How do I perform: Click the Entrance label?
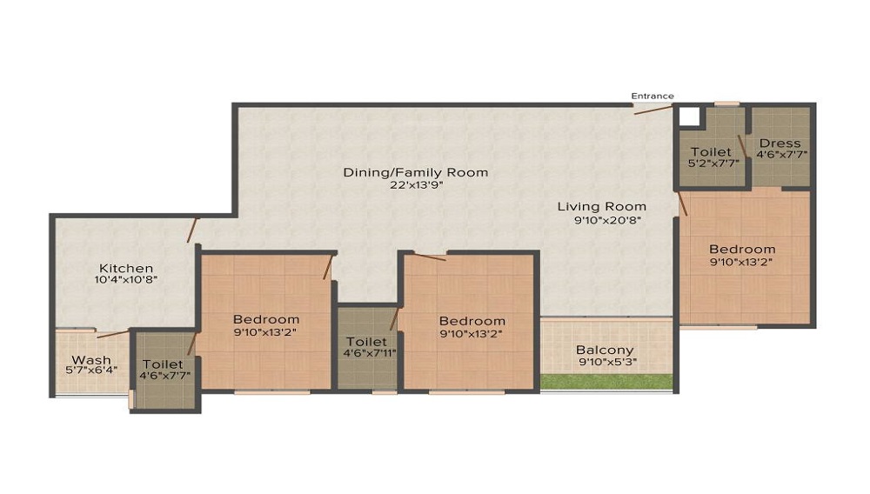[x=652, y=96]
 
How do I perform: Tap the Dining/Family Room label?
[x=416, y=172]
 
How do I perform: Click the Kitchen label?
[x=126, y=269]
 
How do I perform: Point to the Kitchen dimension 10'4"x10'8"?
[x=126, y=280]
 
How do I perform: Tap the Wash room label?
[x=91, y=360]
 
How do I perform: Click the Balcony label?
[x=605, y=350]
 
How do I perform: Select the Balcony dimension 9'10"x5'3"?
[x=607, y=364]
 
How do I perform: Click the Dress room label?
[x=780, y=143]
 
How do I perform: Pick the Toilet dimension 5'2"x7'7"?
[x=714, y=164]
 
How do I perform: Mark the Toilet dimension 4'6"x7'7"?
[x=164, y=376]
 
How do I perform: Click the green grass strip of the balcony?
[x=606, y=382]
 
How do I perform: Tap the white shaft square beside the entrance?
[x=689, y=117]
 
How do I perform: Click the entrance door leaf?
[x=653, y=109]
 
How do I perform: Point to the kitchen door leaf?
[x=192, y=230]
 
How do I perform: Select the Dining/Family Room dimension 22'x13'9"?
[x=416, y=185]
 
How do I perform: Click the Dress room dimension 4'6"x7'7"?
[x=782, y=155]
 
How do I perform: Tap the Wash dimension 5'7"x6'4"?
[x=91, y=370]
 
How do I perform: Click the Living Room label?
[x=602, y=207]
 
